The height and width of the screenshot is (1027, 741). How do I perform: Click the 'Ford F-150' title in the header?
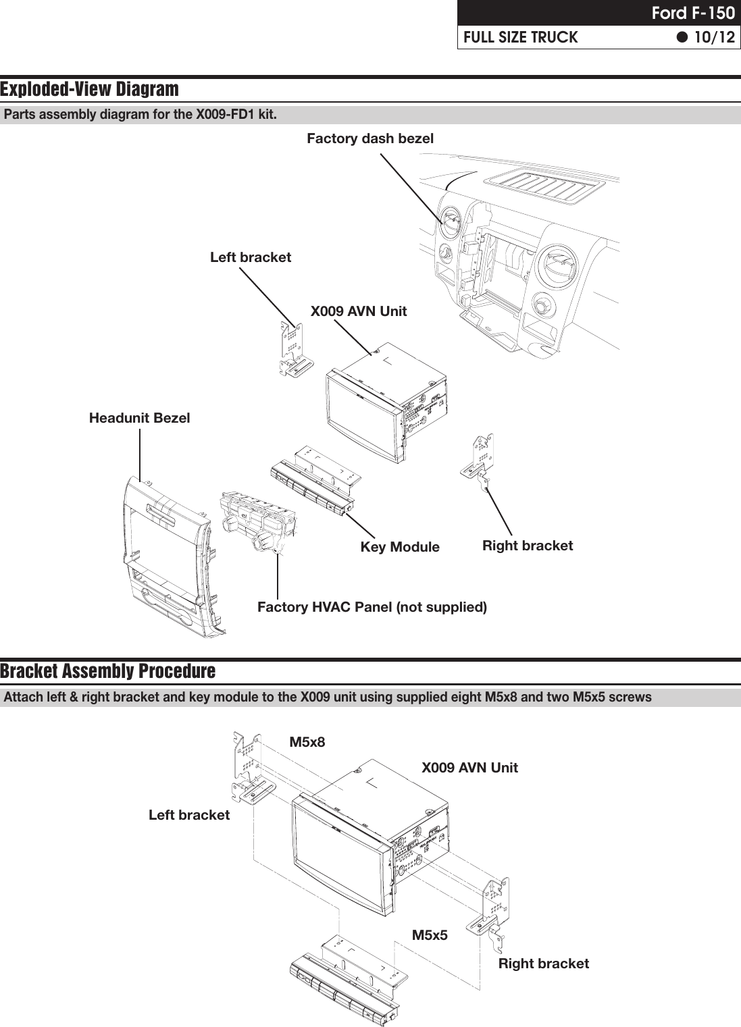pos(692,13)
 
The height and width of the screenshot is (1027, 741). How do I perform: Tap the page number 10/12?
pos(713,37)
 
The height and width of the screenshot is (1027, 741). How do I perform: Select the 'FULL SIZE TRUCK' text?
pos(520,37)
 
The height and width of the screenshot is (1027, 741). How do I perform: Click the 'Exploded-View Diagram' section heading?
pos(90,89)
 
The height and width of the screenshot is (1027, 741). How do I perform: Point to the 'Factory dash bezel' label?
pos(370,138)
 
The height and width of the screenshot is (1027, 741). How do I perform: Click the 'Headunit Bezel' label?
pos(139,418)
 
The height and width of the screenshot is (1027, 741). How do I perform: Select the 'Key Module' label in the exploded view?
pos(399,547)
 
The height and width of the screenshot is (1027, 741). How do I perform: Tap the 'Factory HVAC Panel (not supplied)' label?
pos(372,607)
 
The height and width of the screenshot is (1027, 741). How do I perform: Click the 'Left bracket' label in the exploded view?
pos(250,257)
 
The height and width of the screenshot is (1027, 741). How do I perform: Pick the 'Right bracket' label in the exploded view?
pos(527,546)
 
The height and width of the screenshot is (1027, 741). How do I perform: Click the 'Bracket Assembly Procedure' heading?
pos(108,671)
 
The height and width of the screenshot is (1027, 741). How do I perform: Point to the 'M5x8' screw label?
pos(307,742)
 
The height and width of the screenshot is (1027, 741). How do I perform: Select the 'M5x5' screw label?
pos(430,935)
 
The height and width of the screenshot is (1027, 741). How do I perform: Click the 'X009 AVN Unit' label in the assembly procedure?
pos(469,768)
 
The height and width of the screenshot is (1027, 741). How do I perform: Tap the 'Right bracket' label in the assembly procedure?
pos(543,964)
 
